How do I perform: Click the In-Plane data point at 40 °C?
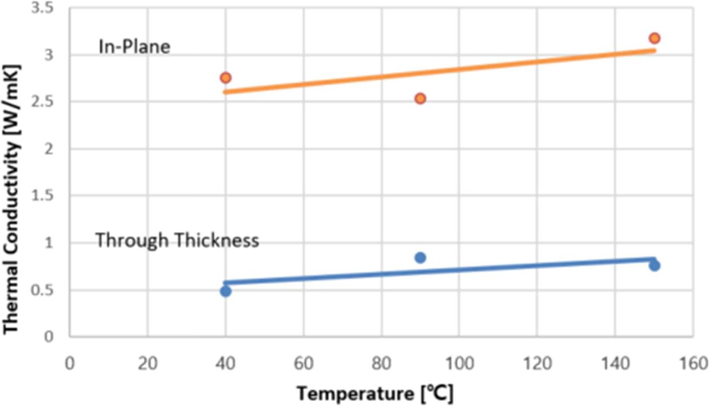click(226, 77)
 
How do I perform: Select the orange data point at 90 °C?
click(420, 98)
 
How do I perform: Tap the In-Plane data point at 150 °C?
click(654, 38)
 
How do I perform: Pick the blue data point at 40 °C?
click(226, 291)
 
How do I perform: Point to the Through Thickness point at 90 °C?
click(420, 257)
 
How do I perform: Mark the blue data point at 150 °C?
click(654, 265)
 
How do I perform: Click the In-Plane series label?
click(134, 47)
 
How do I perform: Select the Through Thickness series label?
click(177, 240)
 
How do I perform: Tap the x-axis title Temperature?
click(375, 393)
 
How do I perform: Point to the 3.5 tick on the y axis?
click(48, 8)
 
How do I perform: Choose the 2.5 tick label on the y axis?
click(48, 102)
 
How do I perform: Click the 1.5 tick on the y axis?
click(48, 196)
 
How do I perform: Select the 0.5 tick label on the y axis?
click(48, 290)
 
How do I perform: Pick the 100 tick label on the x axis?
click(458, 362)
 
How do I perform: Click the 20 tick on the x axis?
click(147, 362)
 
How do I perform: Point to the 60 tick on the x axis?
click(303, 362)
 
